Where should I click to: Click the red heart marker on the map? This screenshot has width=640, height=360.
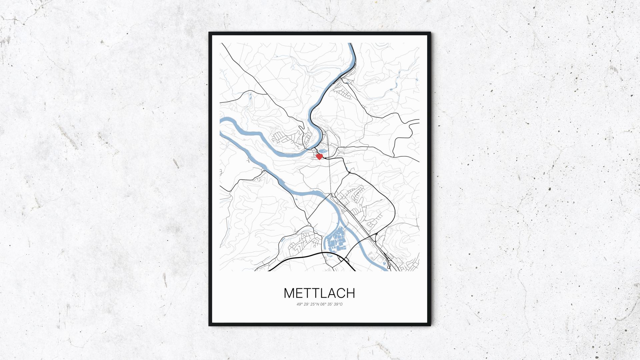point(319,157)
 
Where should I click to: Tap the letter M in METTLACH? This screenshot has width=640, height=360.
point(290,293)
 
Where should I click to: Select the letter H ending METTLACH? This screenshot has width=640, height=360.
point(350,293)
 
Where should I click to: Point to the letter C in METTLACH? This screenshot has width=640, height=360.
point(340,293)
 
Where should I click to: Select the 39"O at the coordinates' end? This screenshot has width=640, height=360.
point(339,304)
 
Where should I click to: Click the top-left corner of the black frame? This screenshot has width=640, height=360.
point(210,33)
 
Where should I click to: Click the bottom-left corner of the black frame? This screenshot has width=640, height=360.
point(210,325)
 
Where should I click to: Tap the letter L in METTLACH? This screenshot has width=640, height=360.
point(321,293)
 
